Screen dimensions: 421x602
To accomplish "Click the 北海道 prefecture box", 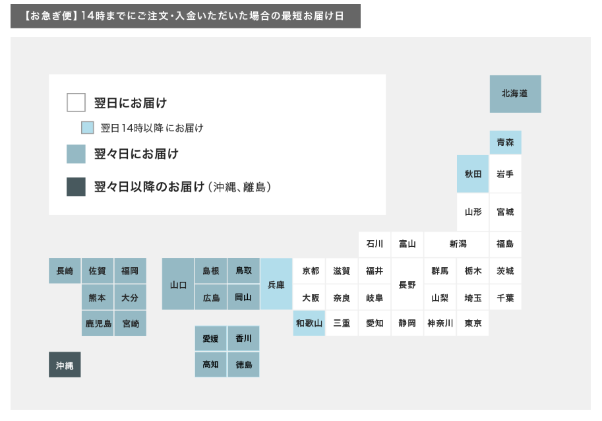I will click(515, 94).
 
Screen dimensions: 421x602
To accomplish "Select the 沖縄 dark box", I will click(65, 365).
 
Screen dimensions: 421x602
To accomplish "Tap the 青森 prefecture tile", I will click(505, 142).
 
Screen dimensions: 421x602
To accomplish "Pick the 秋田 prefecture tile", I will click(473, 174).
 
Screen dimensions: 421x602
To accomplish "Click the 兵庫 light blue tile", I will click(276, 284).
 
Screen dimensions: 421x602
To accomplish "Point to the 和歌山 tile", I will click(309, 323).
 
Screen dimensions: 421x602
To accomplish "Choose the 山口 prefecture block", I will click(178, 284).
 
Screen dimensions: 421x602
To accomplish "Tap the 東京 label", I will click(473, 323).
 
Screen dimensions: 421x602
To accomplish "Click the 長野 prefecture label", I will click(407, 284).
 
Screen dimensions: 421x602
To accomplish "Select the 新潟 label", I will click(458, 244).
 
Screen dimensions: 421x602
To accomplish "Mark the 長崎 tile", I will click(65, 271).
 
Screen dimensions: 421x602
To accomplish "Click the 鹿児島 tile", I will click(98, 323).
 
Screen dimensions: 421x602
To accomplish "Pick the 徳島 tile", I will click(243, 364).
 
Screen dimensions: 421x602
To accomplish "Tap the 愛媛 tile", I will click(210, 339).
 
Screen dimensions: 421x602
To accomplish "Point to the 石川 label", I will click(375, 244).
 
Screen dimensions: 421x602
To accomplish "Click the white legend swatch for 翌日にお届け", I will click(76, 103).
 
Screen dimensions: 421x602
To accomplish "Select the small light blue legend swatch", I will click(88, 128).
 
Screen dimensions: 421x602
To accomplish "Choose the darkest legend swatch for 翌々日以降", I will click(76, 187).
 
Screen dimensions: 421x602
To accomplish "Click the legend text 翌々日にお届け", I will click(136, 154).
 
